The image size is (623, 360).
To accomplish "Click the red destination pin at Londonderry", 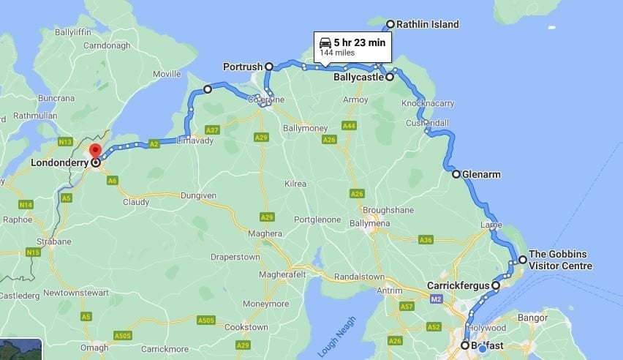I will pyautogui.click(x=95, y=151).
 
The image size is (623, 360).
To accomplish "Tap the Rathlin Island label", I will pyautogui.click(x=428, y=24).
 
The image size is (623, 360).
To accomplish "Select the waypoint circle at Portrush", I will pyautogui.click(x=269, y=67).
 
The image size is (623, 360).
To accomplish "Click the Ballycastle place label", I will pyautogui.click(x=358, y=77).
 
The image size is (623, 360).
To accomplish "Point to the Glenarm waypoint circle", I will pyautogui.click(x=456, y=174).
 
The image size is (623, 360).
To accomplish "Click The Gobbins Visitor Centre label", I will pyautogui.click(x=560, y=260).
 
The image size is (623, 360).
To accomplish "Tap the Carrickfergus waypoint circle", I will pyautogui.click(x=496, y=285).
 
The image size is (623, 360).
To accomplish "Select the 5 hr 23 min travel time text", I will pyautogui.click(x=359, y=42).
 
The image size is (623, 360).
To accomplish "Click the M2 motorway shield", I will pyautogui.click(x=436, y=299).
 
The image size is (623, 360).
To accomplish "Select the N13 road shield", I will pyautogui.click(x=66, y=141).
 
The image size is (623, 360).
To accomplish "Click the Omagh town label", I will pyautogui.click(x=94, y=348).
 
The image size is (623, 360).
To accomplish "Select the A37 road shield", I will pyautogui.click(x=212, y=130).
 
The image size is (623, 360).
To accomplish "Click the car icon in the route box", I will pyautogui.click(x=325, y=42).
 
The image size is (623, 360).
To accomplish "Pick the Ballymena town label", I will pyautogui.click(x=371, y=223).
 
